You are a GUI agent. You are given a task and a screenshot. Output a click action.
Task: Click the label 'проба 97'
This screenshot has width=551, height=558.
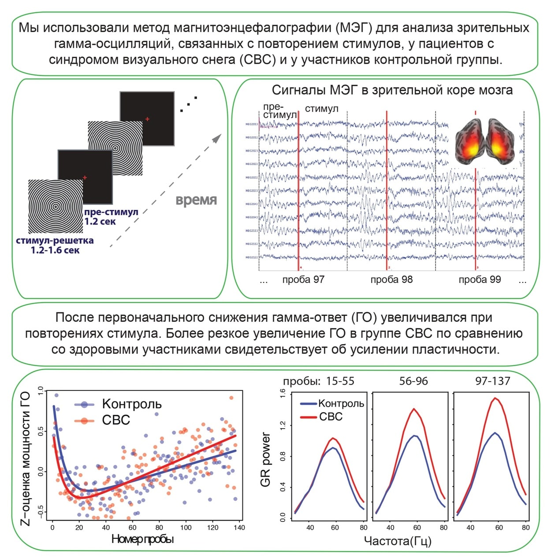tap(303, 279)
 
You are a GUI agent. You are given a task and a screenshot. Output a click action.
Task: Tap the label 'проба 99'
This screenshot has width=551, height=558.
tap(480, 279)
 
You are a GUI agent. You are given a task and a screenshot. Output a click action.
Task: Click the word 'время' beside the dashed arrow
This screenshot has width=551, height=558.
tap(196, 200)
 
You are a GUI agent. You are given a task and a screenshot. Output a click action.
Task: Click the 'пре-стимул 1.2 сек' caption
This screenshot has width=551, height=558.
tap(111, 217)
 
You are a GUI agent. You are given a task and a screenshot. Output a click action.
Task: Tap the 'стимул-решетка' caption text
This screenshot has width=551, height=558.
tap(55, 241)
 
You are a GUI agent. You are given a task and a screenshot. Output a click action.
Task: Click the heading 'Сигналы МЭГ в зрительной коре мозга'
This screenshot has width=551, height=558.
tap(392, 90)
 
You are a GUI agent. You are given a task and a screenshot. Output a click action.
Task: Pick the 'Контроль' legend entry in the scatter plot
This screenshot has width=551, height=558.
tap(131, 404)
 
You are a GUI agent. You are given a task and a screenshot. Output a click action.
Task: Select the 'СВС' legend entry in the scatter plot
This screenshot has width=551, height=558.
tap(115, 420)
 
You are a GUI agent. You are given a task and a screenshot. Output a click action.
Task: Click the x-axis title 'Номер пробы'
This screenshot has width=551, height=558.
tap(142, 539)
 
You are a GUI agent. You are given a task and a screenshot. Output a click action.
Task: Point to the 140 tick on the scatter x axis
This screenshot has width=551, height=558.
tap(239, 527)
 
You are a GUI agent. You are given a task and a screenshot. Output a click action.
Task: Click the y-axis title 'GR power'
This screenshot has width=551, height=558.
tap(265, 459)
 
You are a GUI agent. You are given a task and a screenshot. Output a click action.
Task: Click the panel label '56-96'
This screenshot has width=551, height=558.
tap(413, 381)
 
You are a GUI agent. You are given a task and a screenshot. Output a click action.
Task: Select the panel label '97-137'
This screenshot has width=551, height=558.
tap(492, 381)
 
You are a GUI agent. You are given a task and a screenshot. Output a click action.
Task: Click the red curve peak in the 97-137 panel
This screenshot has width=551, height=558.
tap(495, 398)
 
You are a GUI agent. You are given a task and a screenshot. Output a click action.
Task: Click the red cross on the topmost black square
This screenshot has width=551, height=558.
tap(147, 119)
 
